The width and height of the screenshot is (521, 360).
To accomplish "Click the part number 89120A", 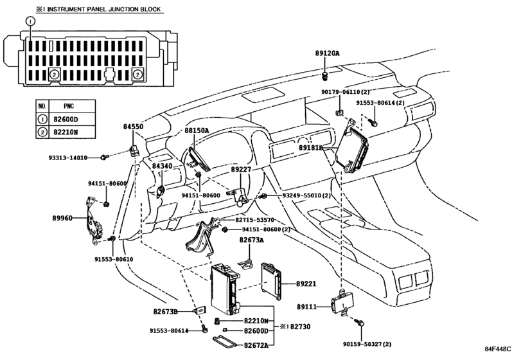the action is [327, 53].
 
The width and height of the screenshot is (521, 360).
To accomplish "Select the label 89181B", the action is [311, 148].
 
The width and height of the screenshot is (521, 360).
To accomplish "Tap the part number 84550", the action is [133, 127].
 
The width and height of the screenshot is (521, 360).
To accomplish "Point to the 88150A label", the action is [197, 130].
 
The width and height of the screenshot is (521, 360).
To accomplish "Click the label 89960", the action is [62, 218].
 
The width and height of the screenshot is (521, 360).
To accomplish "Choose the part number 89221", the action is [306, 284].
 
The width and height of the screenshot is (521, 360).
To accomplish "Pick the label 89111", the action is [306, 307].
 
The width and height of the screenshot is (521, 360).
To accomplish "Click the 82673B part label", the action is [166, 312].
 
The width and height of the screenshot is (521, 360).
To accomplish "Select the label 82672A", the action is [256, 345].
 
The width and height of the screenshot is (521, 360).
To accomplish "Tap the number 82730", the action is [301, 327].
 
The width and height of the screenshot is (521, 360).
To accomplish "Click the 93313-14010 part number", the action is [68, 157].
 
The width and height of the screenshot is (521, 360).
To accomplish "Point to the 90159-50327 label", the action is [367, 344].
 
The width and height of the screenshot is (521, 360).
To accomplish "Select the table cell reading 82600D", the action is [66, 120].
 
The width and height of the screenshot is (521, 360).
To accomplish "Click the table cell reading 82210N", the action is [66, 132].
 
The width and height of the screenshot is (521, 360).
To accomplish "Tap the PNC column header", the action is [69, 106].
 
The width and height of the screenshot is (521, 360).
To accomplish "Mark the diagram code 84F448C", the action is [497, 349].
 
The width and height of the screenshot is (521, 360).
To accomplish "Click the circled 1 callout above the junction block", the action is [30, 21].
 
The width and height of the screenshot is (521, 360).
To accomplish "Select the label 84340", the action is [163, 166].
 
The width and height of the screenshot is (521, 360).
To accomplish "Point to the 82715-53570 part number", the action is [254, 220].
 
